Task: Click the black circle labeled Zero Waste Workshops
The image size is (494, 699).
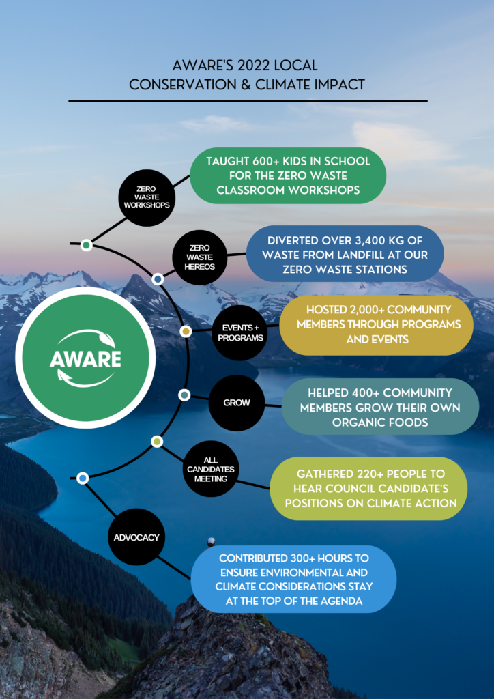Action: pyautogui.click(x=147, y=197)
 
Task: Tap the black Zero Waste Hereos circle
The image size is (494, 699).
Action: pyautogui.click(x=200, y=257)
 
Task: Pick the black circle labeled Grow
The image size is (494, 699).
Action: pyautogui.click(x=237, y=403)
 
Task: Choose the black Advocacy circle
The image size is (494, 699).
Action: pyautogui.click(x=136, y=537)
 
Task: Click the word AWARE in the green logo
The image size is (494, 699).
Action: pyautogui.click(x=85, y=358)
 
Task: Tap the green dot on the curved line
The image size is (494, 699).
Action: pyautogui.click(x=87, y=245)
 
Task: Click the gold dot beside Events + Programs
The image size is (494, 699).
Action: pyautogui.click(x=186, y=331)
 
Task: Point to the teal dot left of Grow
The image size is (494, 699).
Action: pyautogui.click(x=184, y=395)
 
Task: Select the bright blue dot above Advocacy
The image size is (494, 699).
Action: pyautogui.click(x=83, y=479)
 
